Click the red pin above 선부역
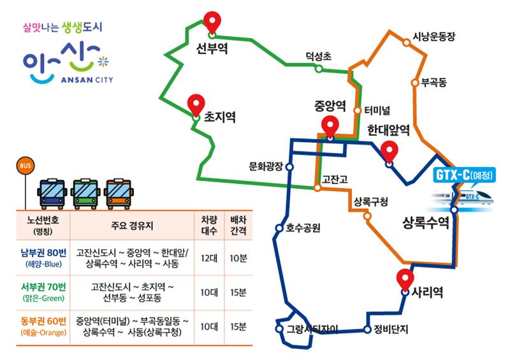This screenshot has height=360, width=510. pos(212,22)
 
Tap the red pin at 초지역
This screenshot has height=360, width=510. pos(196,104)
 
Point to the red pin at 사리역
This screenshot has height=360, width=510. pos(405,280)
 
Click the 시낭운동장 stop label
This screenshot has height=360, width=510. pos(434,36)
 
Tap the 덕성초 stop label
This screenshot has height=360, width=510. pos(318,56)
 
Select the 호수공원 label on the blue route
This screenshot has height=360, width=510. pos(303,228)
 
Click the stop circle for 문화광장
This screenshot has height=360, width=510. pos(289,167)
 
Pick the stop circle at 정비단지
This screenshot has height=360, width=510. pos(367,329)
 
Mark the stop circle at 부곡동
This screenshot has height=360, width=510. pos(415,83)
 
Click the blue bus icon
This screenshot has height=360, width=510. pos(52,194)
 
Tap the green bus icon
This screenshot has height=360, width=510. pos(85,194)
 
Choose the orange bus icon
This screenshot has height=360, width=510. pos(119,194)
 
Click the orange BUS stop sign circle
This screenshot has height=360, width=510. pos(25,166)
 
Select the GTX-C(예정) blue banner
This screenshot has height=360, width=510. pos(465,176)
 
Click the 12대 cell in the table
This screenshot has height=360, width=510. pos(209,258)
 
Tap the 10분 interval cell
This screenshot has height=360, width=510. pos(238,258)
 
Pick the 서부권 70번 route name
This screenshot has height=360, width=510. pos(43,287)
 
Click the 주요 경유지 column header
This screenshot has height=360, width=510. pos(132,226)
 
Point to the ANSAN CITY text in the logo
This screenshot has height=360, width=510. pos(87,80)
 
